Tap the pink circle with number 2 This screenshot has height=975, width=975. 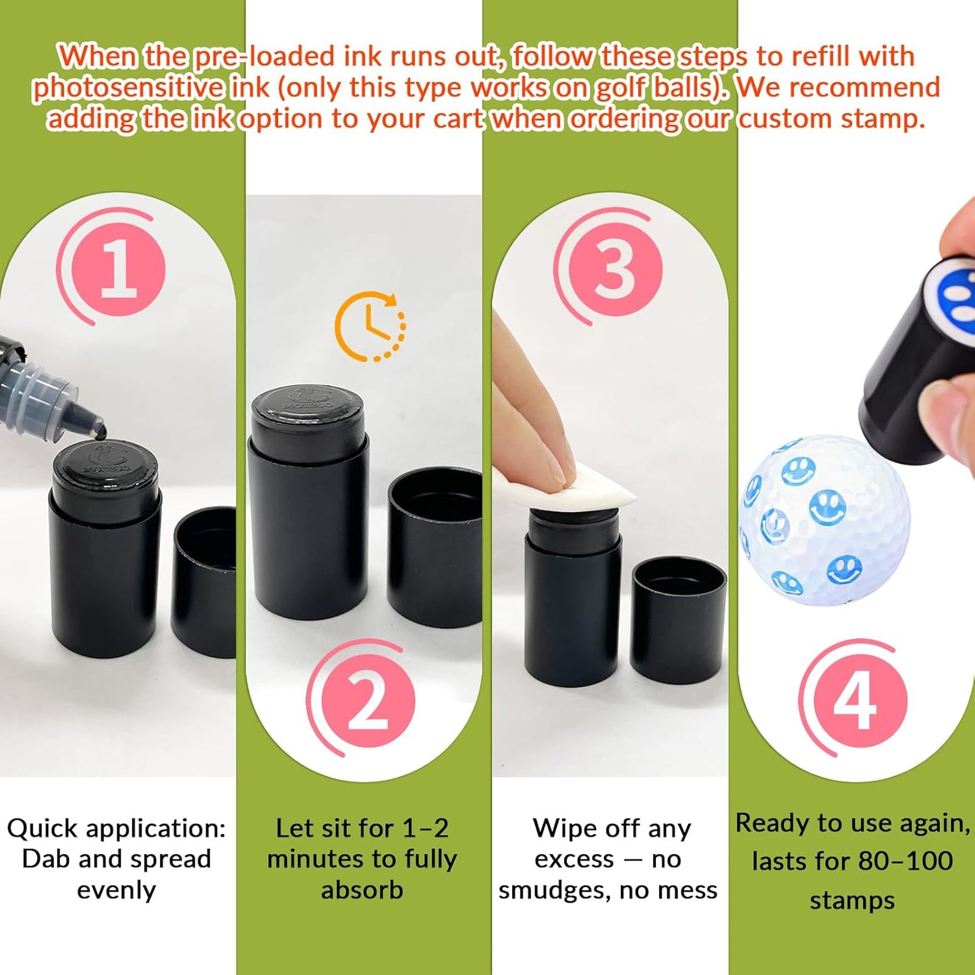pyautogui.click(x=368, y=701)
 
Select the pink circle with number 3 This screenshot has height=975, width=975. pyautogui.click(x=615, y=269)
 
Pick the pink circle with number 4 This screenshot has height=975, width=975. pyautogui.click(x=854, y=701)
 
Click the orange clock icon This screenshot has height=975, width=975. pyautogui.click(x=370, y=327)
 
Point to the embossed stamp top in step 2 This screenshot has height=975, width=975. pyautogui.click(x=308, y=405)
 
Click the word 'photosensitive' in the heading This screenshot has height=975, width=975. pyautogui.click(x=128, y=88)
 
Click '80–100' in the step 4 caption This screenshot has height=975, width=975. pyautogui.click(x=906, y=861)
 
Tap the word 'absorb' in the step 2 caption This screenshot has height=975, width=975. pyautogui.click(x=362, y=890)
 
